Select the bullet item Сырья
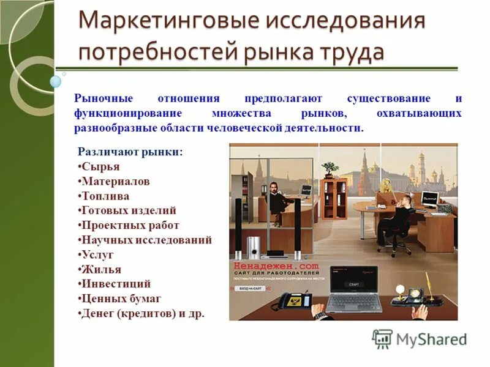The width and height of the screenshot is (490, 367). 100,166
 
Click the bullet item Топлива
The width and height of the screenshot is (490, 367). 105,196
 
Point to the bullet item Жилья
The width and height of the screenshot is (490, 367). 101,269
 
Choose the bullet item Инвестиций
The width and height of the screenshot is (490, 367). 116,284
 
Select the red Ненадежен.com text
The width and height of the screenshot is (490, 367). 276,266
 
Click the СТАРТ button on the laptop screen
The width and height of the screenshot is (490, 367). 353,284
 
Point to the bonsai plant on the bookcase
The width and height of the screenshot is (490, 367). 331,166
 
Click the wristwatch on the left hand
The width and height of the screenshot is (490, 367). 320,315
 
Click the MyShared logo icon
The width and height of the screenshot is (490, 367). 382,338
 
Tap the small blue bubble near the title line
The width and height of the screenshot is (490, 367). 55,81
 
